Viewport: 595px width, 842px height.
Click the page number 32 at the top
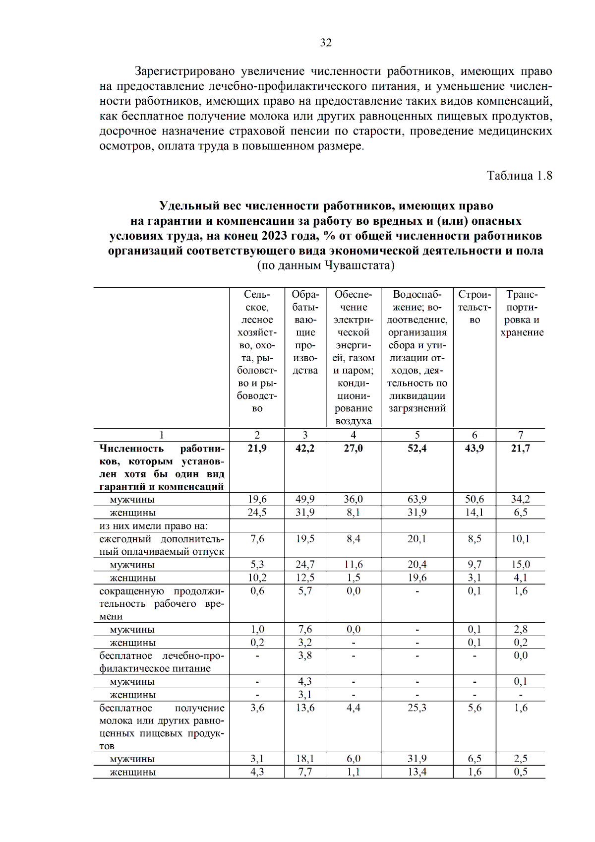pos(326,43)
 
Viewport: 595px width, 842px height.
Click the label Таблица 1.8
pos(519,176)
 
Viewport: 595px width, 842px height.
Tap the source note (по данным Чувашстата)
pos(326,265)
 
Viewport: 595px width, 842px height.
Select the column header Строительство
pos(475,307)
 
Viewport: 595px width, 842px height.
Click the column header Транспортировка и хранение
pos(522,314)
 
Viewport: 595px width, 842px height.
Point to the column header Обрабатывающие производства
pos(305,332)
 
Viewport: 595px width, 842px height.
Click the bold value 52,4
pos(417,449)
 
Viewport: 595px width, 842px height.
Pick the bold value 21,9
pos(257,449)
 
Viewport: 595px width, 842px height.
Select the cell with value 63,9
pos(417,499)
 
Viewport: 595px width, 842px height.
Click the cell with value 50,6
pos(475,499)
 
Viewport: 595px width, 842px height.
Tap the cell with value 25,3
pos(417,708)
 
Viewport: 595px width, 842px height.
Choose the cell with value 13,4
pos(417,772)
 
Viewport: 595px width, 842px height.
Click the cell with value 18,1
pos(305,759)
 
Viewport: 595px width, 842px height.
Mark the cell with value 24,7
pos(305,565)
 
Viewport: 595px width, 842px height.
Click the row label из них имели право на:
pos(153,526)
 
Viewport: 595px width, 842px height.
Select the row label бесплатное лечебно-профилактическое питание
pos(161,662)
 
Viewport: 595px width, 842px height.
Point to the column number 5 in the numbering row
pos(417,435)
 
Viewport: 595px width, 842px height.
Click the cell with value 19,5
pos(305,539)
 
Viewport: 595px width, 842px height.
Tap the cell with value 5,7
pos(305,591)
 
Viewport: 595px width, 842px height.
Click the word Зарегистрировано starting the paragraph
pos(184,71)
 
